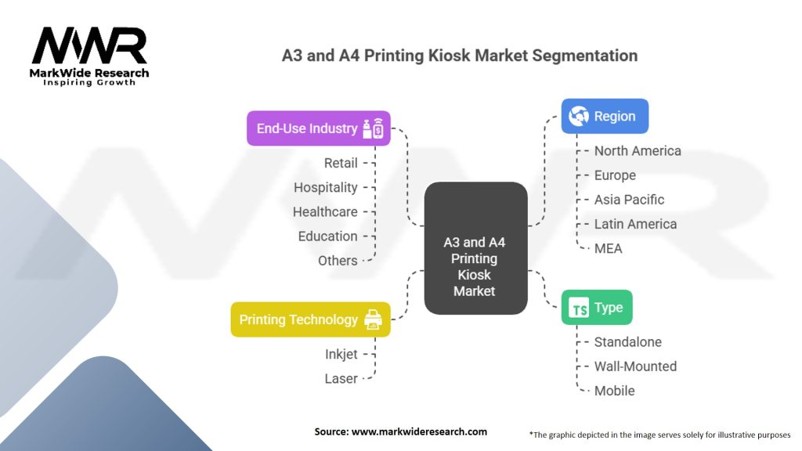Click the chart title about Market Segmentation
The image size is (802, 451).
tap(460, 56)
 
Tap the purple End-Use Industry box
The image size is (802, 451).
tap(318, 128)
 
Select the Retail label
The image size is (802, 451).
tap(341, 163)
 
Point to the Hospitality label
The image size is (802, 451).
tap(326, 187)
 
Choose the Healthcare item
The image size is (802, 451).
tap(325, 211)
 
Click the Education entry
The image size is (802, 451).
tap(327, 236)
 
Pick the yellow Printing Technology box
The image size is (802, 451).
tap(310, 319)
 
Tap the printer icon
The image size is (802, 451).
tap(373, 319)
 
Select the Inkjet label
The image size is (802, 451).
tap(341, 354)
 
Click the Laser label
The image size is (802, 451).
tap(341, 378)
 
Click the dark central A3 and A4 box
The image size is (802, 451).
tap(475, 248)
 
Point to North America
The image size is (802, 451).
tap(638, 150)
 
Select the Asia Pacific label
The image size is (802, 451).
tap(630, 199)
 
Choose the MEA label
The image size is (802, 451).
tap(609, 247)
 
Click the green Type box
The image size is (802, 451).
tap(597, 308)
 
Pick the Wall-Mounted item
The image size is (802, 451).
tap(635, 366)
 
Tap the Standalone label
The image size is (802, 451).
tap(627, 341)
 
